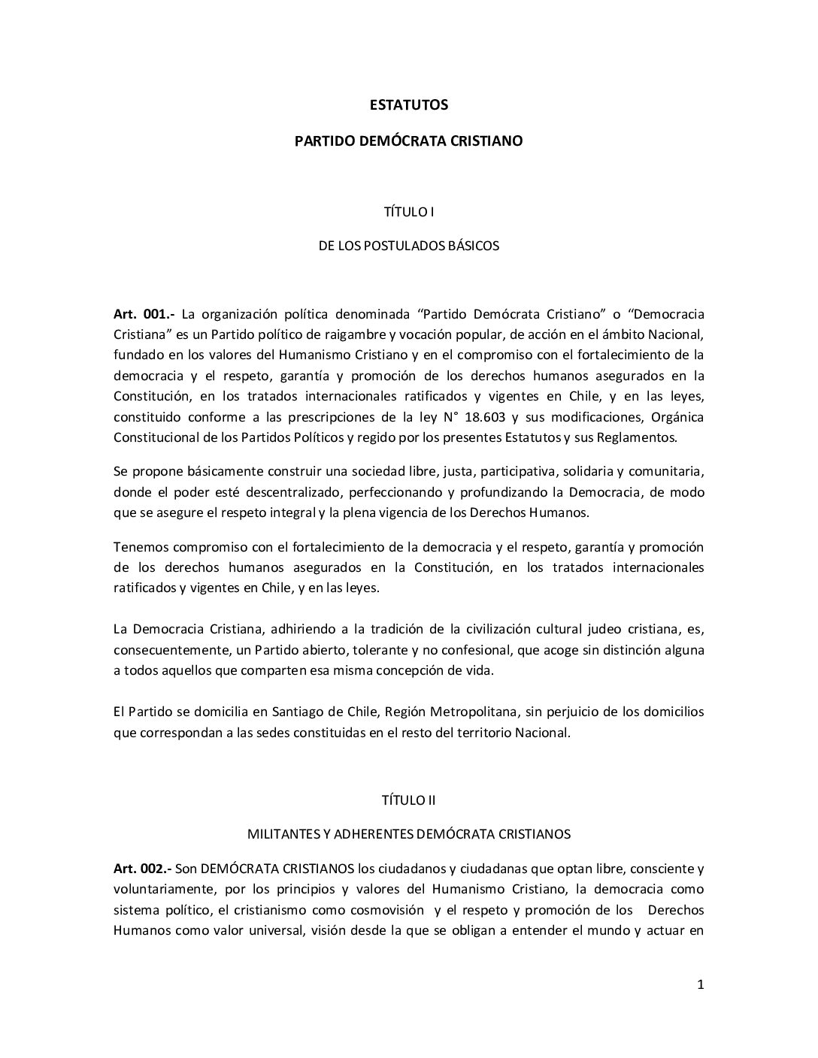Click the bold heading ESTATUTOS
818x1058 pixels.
coord(409,105)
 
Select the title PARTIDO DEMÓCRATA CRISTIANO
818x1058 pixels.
coord(409,141)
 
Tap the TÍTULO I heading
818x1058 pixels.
coord(409,212)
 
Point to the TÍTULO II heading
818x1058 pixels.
coord(409,800)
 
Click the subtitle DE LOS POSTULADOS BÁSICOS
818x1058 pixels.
coord(409,246)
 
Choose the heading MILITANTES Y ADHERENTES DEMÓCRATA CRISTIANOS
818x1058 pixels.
coord(409,834)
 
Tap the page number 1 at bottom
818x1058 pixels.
coord(701,986)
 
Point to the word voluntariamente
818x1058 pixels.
coord(158,890)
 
